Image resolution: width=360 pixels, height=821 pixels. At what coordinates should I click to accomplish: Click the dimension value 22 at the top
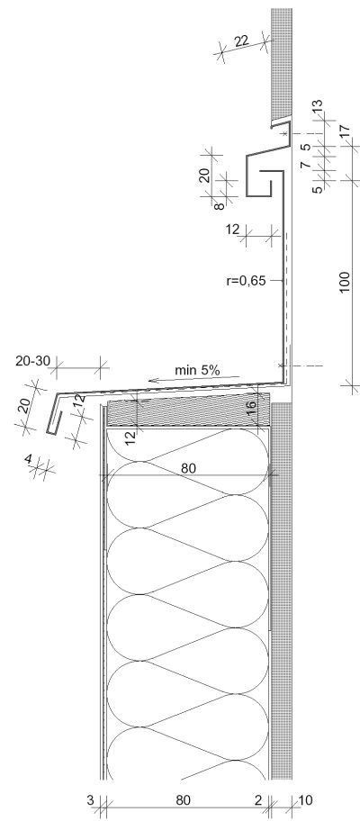coord(242,41)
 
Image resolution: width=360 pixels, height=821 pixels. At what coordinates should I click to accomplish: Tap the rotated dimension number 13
coord(317,107)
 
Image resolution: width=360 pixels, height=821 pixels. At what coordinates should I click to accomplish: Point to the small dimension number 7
coord(306,164)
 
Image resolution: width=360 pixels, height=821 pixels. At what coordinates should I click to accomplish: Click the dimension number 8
coord(220,204)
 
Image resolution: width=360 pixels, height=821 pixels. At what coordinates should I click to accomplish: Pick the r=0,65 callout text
coord(246,281)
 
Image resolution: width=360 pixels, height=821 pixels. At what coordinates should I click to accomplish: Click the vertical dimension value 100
coord(345,283)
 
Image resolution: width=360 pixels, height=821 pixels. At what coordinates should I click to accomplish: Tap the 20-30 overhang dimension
coord(31,360)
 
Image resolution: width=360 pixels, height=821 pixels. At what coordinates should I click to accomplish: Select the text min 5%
coord(197,370)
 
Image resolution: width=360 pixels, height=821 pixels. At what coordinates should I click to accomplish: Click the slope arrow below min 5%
coord(193,379)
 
